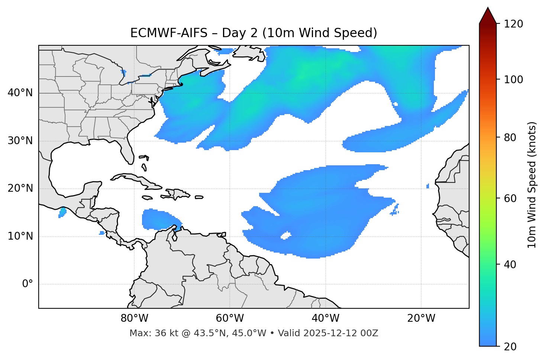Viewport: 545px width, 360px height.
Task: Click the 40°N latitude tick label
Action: [x=20, y=93]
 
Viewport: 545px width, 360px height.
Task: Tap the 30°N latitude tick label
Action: [x=20, y=141]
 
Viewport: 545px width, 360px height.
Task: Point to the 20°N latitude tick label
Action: [x=20, y=189]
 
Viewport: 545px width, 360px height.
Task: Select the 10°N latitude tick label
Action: [x=20, y=236]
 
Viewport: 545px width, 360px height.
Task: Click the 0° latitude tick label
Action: [x=28, y=284]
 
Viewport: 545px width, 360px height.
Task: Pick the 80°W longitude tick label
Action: [x=134, y=318]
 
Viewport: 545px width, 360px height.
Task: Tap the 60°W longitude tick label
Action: [x=230, y=318]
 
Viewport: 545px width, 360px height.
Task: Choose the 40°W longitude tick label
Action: [x=326, y=318]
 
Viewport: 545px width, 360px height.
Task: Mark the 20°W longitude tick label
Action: [x=421, y=318]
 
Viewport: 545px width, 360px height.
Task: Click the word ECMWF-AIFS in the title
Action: [x=169, y=33]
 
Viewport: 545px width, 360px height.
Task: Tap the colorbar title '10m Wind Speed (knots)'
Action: [x=532, y=185]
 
